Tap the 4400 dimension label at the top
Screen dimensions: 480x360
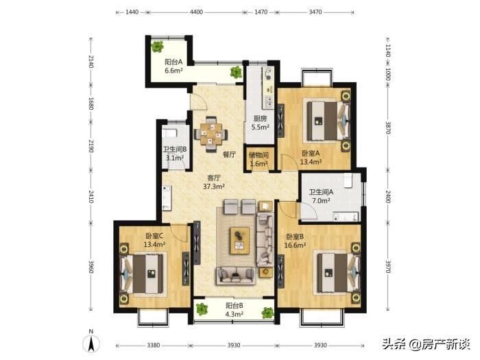coord(196,12)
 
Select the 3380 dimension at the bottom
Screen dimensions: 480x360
coord(154,346)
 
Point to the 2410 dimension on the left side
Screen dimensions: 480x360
coord(91,197)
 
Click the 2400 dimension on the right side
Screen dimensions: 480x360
coord(388,197)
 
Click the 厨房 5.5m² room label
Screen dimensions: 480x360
coord(260,123)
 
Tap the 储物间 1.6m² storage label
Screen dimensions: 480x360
coord(259,160)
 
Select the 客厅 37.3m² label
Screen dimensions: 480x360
coord(214,182)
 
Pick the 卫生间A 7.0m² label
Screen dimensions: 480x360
coord(321,196)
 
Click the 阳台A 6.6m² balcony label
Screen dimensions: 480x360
coord(173,66)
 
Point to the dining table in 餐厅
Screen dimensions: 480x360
coord(211,134)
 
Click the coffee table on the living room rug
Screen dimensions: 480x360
coord(240,241)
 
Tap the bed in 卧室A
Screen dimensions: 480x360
coord(328,121)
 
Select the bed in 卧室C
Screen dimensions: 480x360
coord(142,274)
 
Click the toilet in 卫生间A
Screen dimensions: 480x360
coord(348,180)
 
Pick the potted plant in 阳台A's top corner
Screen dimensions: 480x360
coord(157,47)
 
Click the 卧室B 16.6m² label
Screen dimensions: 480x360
coord(295,241)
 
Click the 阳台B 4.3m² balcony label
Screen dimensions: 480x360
coord(235,309)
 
